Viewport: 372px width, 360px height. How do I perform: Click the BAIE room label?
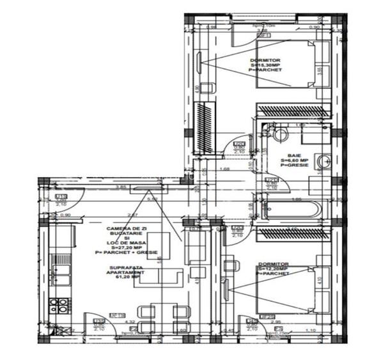(x=293, y=155)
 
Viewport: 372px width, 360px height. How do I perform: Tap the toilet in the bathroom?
(x=277, y=135)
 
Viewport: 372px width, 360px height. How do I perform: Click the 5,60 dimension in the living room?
(x=153, y=200)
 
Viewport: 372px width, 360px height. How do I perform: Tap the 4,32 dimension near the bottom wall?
(x=130, y=322)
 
